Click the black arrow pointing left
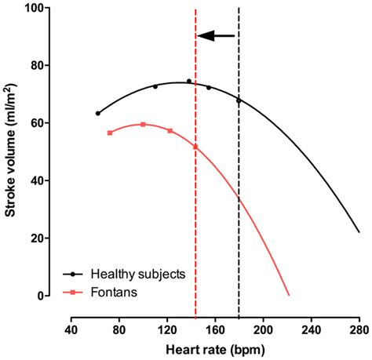point(216,35)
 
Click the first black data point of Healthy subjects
point(97,113)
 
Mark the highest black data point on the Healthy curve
point(188,81)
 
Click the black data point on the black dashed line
point(239,100)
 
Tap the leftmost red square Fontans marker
point(109,133)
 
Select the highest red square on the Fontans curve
point(143,124)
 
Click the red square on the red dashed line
point(195,147)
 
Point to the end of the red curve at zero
point(289,295)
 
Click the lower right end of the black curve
point(359,231)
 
